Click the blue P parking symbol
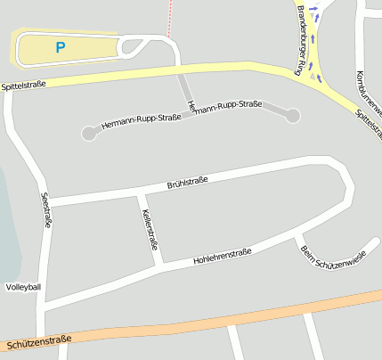61,47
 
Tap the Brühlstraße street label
187,184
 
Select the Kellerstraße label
150,229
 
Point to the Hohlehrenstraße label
223,257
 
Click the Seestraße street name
45,211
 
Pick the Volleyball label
23,287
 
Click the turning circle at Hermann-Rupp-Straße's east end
293,115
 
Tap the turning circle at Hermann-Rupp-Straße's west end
89,134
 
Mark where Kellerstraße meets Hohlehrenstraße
159,265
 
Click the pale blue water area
7,232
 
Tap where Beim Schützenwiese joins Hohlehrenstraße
297,235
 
